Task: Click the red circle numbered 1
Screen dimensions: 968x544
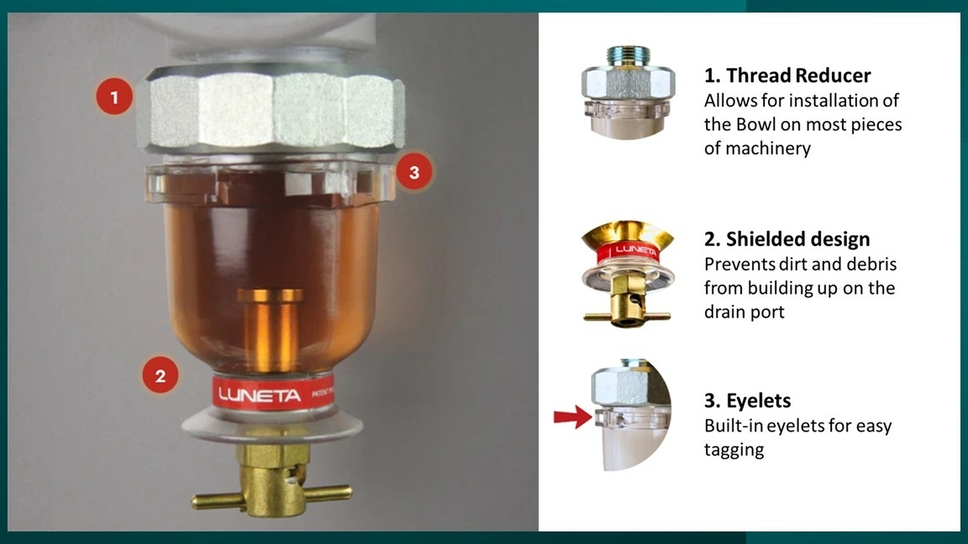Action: click(114, 97)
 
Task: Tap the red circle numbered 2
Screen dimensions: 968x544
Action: click(160, 375)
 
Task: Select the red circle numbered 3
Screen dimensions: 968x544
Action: click(414, 172)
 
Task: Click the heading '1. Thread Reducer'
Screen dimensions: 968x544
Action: click(787, 76)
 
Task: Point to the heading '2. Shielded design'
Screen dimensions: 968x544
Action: click(787, 238)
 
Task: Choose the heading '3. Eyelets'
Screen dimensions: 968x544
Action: click(748, 401)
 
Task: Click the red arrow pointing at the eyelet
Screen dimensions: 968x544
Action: click(573, 416)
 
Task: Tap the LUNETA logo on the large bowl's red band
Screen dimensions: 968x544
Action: click(259, 395)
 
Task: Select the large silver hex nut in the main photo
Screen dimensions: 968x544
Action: click(271, 111)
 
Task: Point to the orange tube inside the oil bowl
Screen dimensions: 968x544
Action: click(271, 331)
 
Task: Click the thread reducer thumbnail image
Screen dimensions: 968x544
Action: click(628, 92)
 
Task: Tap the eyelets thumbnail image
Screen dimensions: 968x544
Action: click(632, 415)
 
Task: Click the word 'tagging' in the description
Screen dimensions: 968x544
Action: click(734, 450)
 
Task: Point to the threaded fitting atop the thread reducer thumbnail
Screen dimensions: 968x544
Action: click(627, 55)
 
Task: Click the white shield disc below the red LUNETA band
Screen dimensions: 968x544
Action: click(271, 426)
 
